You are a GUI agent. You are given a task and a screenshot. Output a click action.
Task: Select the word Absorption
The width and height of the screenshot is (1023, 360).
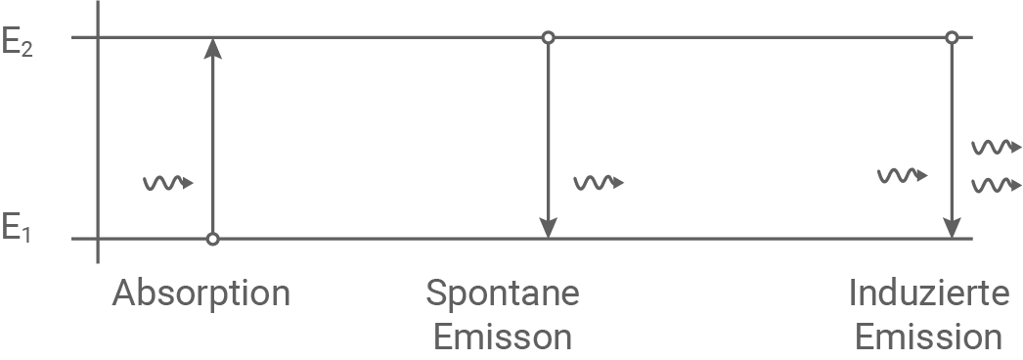(201, 293)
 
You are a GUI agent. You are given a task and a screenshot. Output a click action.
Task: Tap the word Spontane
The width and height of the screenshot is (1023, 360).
(503, 293)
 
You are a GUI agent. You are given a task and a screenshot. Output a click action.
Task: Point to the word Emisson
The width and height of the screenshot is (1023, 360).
(503, 337)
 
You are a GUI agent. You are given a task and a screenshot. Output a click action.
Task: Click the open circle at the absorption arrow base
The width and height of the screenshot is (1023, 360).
(212, 239)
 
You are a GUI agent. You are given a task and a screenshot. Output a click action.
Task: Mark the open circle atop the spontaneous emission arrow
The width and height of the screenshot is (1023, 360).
(549, 38)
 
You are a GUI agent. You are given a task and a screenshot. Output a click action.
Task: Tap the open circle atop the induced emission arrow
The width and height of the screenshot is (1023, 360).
(951, 38)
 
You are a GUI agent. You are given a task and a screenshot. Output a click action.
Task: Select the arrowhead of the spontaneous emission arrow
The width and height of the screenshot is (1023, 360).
(549, 226)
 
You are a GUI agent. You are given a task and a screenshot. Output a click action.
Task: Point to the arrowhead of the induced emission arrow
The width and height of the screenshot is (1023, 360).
(951, 226)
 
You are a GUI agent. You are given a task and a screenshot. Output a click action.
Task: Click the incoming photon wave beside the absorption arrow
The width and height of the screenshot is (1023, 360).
(168, 183)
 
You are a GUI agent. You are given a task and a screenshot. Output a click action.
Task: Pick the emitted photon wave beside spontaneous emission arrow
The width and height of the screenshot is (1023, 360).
(598, 183)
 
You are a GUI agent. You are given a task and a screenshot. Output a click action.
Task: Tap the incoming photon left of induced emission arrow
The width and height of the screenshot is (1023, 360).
(902, 176)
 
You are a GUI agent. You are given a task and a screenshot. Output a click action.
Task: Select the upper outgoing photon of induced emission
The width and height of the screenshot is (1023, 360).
(996, 148)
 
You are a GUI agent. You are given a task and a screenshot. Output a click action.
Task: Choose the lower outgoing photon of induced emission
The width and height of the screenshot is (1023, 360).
(996, 184)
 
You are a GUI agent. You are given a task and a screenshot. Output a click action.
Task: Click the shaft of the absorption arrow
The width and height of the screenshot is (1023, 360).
(212, 147)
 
